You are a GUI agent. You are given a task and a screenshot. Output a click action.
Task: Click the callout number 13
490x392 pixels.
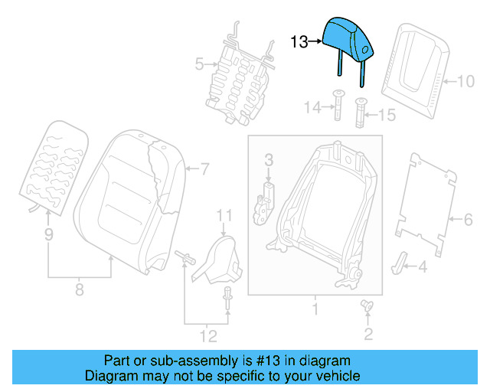point(299,41)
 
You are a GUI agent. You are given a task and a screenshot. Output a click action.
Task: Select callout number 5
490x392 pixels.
point(199,65)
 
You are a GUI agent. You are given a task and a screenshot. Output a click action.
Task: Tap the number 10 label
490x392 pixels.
point(466,80)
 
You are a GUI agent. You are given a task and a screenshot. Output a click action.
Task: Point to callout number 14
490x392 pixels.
point(311,109)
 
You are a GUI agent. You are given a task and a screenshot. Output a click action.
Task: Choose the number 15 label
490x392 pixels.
point(387,115)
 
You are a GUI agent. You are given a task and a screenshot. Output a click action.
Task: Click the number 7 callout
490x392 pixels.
point(204,168)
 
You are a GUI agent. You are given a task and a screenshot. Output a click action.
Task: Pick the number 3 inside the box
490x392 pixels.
point(269,160)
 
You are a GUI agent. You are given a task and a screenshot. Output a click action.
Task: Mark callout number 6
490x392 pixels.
point(468,220)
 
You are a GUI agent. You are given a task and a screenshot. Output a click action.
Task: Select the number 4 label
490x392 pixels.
point(422,266)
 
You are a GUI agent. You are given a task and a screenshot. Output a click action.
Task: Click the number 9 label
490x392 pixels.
point(48,236)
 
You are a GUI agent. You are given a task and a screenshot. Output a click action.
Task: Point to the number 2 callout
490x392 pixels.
point(368,333)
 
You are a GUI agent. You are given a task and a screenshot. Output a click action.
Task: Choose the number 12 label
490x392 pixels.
point(207,335)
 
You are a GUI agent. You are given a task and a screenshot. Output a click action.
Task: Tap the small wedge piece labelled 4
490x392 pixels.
point(400,261)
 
